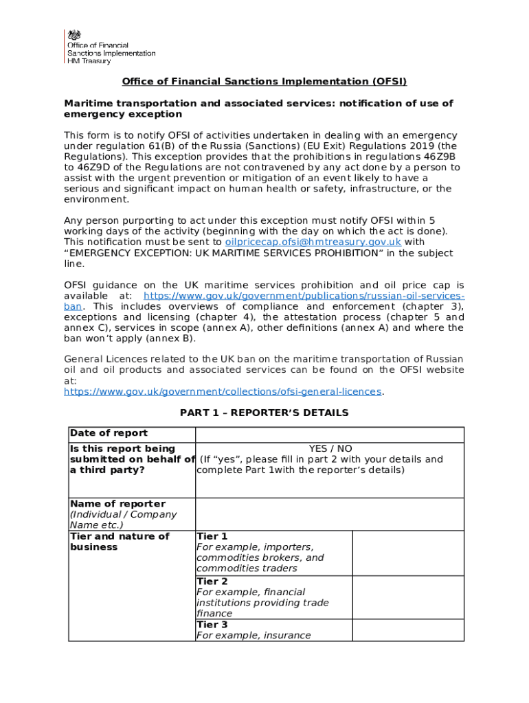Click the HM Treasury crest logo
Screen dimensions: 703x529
click(x=72, y=37)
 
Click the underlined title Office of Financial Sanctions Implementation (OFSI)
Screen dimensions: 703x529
click(x=264, y=82)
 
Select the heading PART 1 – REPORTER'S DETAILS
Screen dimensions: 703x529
click(x=264, y=413)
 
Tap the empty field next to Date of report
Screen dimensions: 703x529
click(x=330, y=434)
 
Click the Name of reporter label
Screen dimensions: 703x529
click(x=117, y=504)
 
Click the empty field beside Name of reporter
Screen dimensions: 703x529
click(x=330, y=514)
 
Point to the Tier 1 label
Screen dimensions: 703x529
click(x=212, y=536)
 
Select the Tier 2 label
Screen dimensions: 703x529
click(x=212, y=581)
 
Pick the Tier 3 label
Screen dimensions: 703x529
click(x=212, y=625)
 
